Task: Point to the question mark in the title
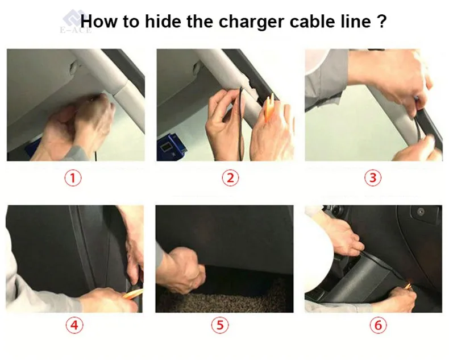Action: pos(383,21)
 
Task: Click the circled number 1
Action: pos(73,178)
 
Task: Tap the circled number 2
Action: pos(230,178)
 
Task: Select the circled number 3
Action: pos(372,177)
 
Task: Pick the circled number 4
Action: pos(74,325)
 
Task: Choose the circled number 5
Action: pos(220,325)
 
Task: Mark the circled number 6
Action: pos(378,325)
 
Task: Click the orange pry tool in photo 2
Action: pos(269,106)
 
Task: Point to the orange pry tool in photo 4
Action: pos(133,294)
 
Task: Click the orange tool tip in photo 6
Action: pos(409,285)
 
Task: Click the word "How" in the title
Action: pos(99,21)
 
